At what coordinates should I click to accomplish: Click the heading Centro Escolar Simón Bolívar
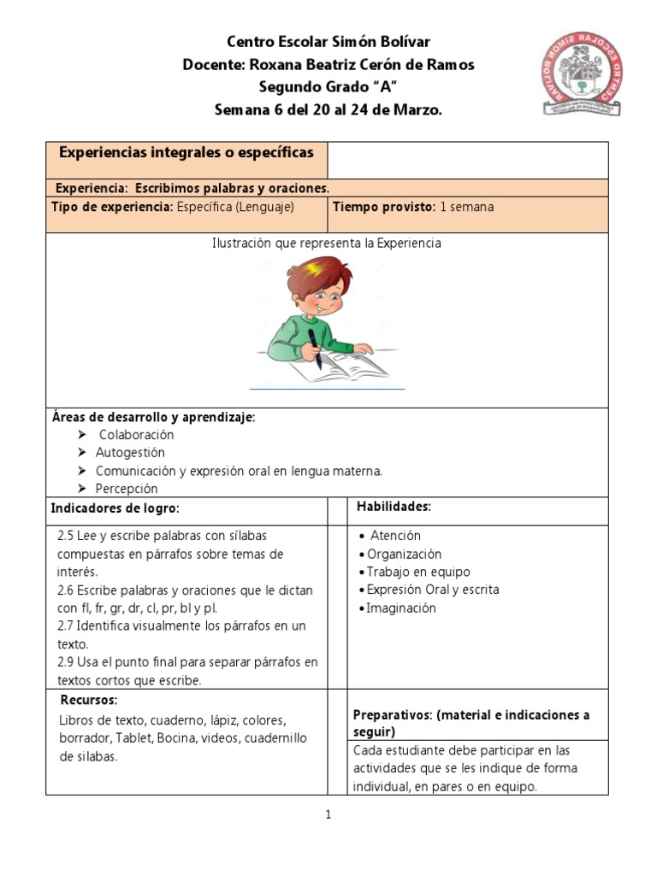click(328, 42)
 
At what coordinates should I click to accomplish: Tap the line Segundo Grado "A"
click(328, 87)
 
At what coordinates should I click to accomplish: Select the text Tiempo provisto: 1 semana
click(412, 207)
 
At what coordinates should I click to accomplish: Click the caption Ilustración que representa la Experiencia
click(327, 244)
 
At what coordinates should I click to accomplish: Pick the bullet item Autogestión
click(130, 453)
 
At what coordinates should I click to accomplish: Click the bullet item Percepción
click(127, 489)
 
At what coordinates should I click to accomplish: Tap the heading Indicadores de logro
click(115, 508)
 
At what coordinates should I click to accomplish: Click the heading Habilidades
click(394, 508)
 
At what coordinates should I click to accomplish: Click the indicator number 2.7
click(66, 626)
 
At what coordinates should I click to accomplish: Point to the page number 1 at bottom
click(328, 814)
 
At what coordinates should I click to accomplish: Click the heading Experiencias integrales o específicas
click(186, 152)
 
